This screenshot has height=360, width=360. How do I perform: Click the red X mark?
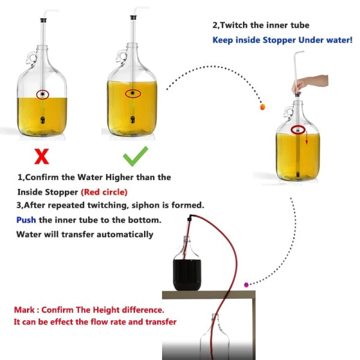pos(41,157)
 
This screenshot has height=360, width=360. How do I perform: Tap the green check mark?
pos(135,157)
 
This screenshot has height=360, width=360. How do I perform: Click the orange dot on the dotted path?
pos(263,107)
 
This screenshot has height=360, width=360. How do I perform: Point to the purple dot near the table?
pos(246,284)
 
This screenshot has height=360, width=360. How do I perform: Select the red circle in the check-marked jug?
pos(133,94)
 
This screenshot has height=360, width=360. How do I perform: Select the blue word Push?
pos(26,220)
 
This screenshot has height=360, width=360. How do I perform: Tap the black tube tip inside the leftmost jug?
pos(41,119)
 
